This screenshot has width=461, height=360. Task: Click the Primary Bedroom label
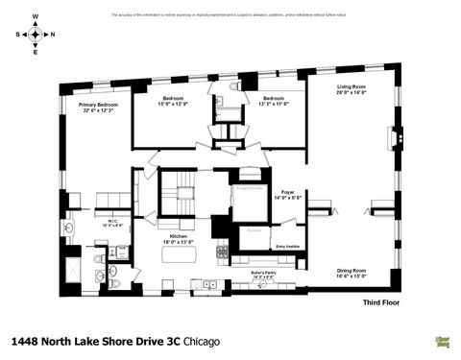99,107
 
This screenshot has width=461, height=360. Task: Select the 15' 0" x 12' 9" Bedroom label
174,100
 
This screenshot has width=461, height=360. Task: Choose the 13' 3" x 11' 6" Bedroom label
274,100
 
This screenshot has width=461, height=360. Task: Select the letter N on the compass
52,34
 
